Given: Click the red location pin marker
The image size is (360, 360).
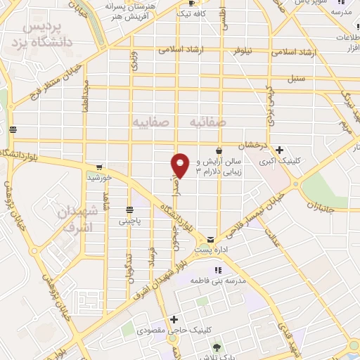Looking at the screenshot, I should point(181,165).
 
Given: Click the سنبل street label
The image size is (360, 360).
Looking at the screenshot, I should point(295,79).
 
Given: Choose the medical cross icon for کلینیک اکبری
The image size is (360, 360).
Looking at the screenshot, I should point(280,150).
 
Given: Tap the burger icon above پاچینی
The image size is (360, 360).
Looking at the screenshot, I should point(129,210).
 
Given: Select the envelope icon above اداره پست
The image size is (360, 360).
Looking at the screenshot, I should point(211,240).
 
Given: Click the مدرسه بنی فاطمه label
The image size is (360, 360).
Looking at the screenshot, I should point(220,281).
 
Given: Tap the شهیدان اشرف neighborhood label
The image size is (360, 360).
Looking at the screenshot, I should point(75,220).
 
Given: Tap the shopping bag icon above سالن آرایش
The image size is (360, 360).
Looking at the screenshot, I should point(219,150).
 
